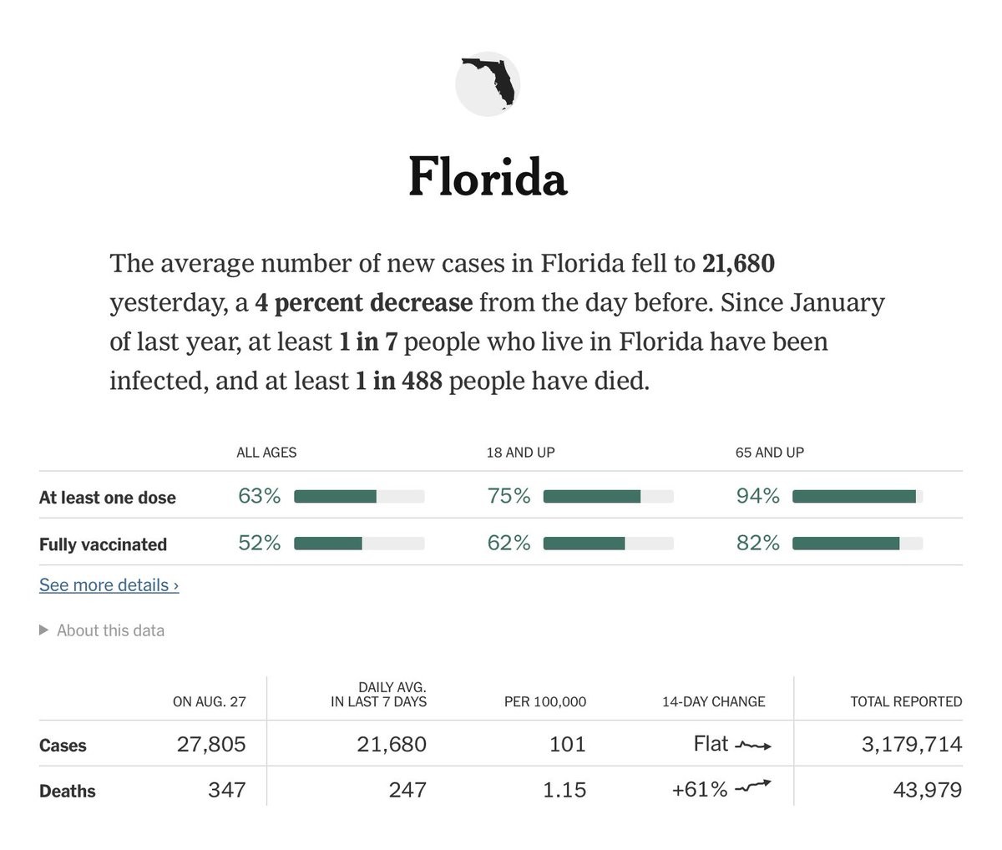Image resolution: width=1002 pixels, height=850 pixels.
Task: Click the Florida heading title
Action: click(488, 177)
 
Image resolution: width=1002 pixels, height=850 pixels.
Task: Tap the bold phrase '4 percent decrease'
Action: click(364, 302)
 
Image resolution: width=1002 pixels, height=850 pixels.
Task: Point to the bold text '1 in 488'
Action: click(399, 382)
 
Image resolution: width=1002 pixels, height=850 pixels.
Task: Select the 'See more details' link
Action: click(109, 585)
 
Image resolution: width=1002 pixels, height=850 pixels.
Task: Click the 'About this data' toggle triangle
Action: click(44, 630)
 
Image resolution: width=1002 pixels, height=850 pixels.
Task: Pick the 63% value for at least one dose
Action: click(259, 496)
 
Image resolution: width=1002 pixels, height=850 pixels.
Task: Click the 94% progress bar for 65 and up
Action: click(856, 497)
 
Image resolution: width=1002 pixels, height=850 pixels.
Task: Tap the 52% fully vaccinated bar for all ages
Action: click(359, 544)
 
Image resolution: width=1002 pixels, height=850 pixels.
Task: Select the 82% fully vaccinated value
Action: click(757, 544)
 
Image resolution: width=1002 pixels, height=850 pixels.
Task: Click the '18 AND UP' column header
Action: click(520, 453)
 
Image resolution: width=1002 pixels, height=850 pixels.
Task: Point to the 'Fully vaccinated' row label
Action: click(103, 544)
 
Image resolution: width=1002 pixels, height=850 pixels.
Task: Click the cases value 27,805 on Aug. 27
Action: click(211, 744)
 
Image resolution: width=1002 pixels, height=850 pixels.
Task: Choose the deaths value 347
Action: click(226, 790)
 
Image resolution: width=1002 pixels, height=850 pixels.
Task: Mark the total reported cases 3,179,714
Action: click(912, 744)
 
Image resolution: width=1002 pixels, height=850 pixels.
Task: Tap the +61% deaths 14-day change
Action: click(700, 790)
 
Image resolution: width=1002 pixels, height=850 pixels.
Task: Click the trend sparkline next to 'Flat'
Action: click(753, 745)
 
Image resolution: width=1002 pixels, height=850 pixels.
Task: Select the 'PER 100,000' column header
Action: click(544, 702)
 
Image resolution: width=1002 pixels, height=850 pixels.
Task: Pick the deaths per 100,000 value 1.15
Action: click(564, 790)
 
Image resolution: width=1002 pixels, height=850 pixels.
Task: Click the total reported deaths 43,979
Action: click(927, 790)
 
